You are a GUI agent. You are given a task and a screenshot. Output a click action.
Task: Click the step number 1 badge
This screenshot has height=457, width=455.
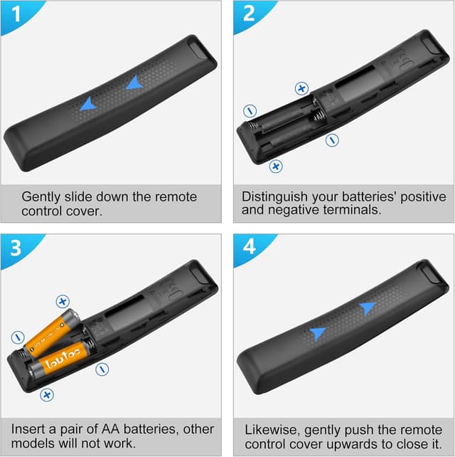(x=16, y=14)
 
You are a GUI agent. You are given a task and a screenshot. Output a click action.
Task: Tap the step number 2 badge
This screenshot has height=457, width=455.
(x=249, y=14)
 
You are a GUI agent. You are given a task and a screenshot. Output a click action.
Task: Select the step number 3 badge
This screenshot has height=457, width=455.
(x=16, y=248)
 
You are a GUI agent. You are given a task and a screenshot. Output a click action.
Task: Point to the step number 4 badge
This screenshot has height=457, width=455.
(x=250, y=247)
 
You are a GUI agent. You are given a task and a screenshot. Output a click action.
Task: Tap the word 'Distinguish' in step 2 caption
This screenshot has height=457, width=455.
(x=274, y=197)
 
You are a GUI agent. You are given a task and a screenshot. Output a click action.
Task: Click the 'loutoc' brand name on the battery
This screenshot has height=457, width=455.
(x=63, y=359)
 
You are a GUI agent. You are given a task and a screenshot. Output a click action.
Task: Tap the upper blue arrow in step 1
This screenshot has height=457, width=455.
(x=134, y=83)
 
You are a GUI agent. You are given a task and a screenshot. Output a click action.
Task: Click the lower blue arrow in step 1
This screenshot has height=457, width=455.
(x=88, y=104)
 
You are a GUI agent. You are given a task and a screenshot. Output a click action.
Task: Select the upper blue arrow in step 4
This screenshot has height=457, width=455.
(x=368, y=308)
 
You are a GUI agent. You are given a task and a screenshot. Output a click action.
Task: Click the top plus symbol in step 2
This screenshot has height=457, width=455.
(x=301, y=88)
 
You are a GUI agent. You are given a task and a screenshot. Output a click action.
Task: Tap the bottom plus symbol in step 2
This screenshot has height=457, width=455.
(x=276, y=166)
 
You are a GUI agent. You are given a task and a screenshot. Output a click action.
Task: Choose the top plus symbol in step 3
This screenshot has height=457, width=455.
(x=63, y=301)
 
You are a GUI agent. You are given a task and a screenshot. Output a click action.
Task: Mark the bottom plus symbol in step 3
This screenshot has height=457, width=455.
(x=47, y=395)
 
